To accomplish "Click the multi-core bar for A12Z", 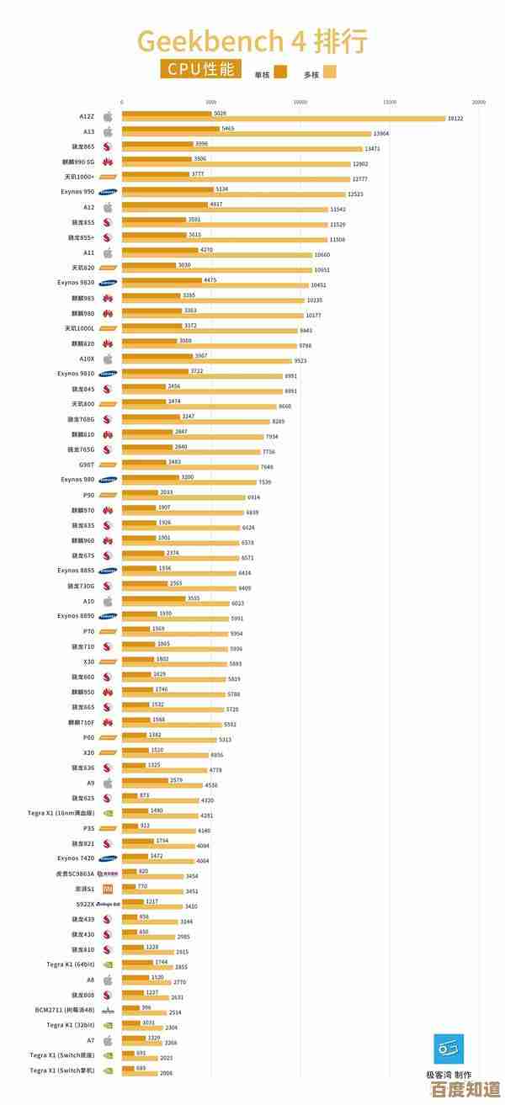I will point(283,119).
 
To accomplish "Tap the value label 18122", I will point(455,119).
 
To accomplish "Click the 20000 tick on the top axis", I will point(478,102).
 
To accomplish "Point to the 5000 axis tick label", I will point(210,102).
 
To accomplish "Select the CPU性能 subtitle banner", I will point(200,70).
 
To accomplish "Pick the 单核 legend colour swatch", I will point(280,72).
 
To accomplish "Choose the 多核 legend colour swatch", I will point(329,72).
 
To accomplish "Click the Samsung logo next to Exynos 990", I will point(108,192).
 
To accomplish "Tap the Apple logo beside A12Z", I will point(108,116).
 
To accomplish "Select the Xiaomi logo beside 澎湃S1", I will point(108,889).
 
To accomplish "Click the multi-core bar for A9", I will point(161,785).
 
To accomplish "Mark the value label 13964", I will point(381,134).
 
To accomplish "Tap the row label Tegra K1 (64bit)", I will point(71,964).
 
